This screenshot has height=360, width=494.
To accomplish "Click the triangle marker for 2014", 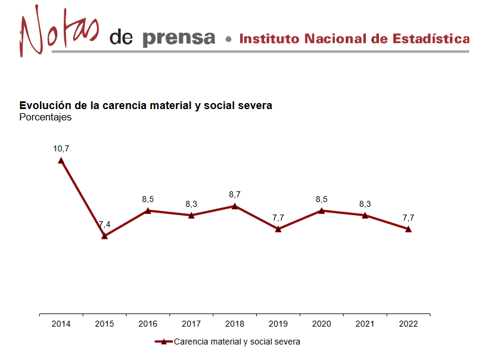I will tap(61, 160).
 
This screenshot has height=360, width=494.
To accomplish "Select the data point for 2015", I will tap(104, 236).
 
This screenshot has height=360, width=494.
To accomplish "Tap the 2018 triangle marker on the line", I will tap(235, 206).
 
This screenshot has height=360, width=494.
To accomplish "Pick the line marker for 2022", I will tap(408, 229).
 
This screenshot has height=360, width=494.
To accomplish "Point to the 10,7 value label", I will tap(61, 148).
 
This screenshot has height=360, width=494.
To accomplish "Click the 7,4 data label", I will tap(104, 225).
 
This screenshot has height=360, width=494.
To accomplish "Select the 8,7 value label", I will tap(235, 194).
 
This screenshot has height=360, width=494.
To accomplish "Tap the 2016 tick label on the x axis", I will tap(148, 324).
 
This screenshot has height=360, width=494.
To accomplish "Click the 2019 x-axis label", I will tap(278, 324).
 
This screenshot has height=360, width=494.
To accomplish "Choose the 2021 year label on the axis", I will tap(365, 324).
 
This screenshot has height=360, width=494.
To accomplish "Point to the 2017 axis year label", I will tap(191, 324).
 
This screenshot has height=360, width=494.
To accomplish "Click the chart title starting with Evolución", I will tap(145, 105).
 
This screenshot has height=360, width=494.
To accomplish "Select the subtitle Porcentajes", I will tap(45, 117).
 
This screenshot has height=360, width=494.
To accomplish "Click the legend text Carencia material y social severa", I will tap(237, 342).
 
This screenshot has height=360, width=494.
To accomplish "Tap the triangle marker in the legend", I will tap(163, 342).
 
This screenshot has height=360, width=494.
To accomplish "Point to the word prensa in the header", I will tap(179, 38).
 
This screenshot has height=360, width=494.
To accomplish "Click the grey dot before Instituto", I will tap(228, 39).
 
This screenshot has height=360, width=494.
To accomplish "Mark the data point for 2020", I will tap(322, 210).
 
